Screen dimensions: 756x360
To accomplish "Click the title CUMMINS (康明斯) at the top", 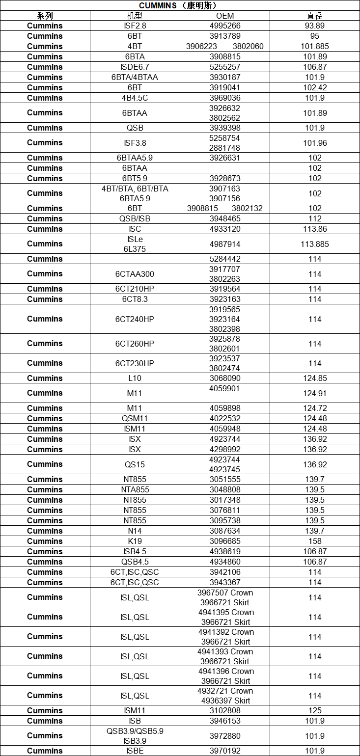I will [180, 5].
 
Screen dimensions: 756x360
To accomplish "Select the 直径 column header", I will [315, 16].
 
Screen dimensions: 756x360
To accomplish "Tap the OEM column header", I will [225, 16].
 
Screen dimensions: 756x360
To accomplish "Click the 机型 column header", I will [135, 16].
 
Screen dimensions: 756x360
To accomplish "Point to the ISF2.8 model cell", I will [135, 26].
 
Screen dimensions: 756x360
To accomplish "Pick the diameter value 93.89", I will [315, 26].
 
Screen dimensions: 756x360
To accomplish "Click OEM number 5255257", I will [225, 67].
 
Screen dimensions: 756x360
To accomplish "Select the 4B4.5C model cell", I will [135, 98].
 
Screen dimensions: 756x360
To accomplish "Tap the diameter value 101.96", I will [315, 143].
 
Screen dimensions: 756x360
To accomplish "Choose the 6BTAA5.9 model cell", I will [135, 158].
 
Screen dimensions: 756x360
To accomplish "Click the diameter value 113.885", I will [315, 244].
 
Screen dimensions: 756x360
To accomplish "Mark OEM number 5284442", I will [225, 259].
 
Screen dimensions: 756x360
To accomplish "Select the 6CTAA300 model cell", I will [135, 274].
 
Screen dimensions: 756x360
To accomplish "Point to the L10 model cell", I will [135, 378].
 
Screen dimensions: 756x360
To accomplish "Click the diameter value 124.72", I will [315, 408].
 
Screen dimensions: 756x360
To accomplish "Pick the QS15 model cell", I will [135, 464].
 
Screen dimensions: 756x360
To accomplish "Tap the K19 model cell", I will [135, 541].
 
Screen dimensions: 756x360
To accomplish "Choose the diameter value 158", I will [315, 541].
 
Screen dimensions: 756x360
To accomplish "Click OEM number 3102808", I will [225, 710].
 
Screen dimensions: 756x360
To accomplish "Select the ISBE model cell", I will [135, 751].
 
